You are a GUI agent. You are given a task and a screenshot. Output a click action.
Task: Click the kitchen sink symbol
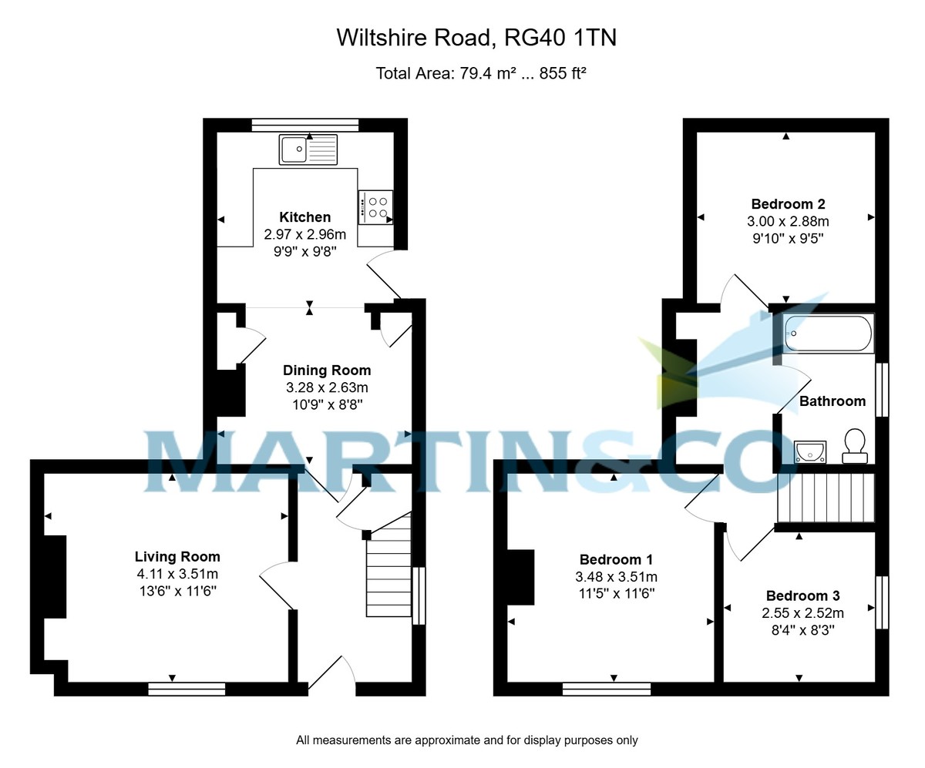tap(308, 149)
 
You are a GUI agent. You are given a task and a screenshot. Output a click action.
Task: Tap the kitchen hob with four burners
tap(375, 206)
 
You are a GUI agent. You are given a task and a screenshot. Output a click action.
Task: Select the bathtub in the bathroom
tap(828, 334)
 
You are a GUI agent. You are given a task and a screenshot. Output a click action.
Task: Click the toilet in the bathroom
tap(854, 446)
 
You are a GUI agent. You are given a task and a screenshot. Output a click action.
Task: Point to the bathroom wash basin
tap(809, 451)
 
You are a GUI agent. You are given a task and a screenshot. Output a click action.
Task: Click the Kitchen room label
tap(304, 217)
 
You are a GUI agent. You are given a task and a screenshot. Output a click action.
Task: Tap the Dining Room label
tap(326, 371)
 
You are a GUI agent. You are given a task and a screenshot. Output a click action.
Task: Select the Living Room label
tap(177, 556)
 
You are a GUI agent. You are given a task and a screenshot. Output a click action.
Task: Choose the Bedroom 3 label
tap(802, 595)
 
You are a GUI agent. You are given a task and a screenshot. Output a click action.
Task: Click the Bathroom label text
tap(832, 401)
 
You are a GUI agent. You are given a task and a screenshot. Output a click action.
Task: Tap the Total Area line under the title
tap(481, 73)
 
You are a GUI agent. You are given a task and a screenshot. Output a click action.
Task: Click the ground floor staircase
tap(389, 568)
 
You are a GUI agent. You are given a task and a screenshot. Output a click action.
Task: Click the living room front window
tap(187, 689)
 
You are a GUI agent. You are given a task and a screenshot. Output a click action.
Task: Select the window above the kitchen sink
tap(305, 125)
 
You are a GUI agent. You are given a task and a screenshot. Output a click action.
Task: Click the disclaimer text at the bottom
tap(467, 740)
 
